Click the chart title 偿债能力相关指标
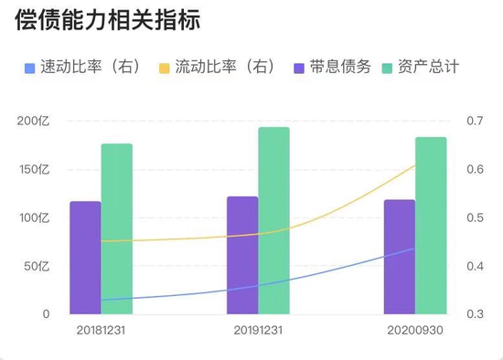tap(108, 20)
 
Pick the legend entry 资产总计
tap(429, 68)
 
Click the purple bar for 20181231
tap(85, 258)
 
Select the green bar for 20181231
tap(116, 228)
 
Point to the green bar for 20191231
tap(273, 220)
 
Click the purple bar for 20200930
tap(399, 257)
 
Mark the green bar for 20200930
tap(431, 226)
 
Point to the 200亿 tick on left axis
tap(34, 122)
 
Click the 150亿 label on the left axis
tap(34, 170)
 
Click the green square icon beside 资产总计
tap(388, 68)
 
